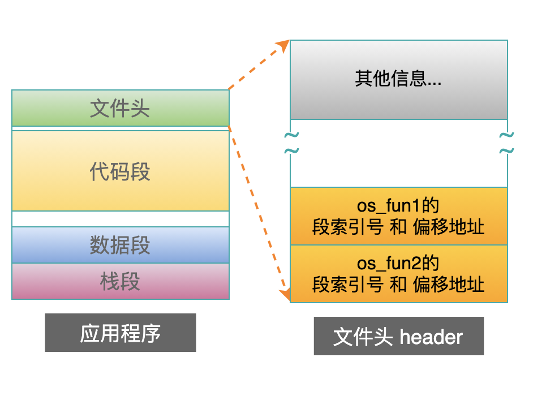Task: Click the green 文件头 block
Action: click(x=121, y=108)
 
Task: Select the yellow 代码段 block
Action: click(x=121, y=171)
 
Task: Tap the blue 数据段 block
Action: click(x=121, y=245)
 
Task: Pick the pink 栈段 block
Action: click(x=121, y=282)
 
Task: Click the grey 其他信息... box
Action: click(x=399, y=80)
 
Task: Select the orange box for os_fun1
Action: click(x=399, y=216)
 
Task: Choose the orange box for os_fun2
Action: click(x=399, y=274)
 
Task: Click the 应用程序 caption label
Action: click(x=121, y=333)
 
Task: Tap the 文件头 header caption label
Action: click(x=399, y=336)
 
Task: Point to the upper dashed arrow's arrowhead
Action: click(x=283, y=46)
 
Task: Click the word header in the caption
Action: click(x=431, y=337)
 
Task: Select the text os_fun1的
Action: click(x=398, y=205)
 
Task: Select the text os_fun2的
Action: click(x=398, y=263)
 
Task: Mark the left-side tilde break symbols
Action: click(x=291, y=143)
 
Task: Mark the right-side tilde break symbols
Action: click(x=506, y=143)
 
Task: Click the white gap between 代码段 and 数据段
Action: click(x=121, y=219)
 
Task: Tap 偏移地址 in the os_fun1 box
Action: click(x=449, y=227)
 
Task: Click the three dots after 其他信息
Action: click(x=435, y=84)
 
